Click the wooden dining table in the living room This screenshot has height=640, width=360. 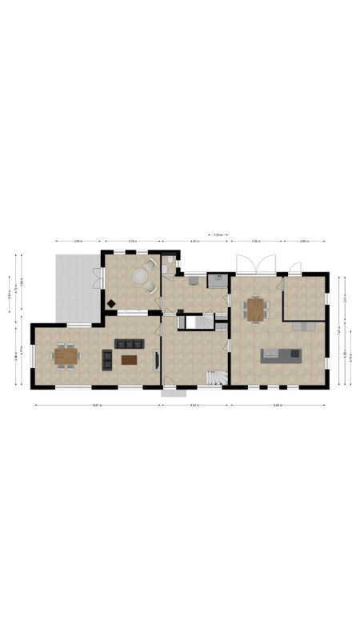pos(66,354)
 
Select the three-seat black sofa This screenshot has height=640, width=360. pos(129,344)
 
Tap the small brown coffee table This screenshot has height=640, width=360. pos(130,360)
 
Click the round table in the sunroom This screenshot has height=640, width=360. pos(140,274)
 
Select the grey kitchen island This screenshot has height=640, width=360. pos(280,354)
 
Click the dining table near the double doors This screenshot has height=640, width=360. pos(254,309)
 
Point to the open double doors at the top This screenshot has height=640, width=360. pos(255,264)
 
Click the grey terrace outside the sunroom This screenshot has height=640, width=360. pos(77,286)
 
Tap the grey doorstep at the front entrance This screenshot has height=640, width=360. pos(174,392)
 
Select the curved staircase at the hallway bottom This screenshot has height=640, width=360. pos(214,377)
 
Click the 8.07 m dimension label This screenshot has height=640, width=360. pos(96,406)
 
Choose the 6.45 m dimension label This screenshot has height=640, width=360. pos(278,406)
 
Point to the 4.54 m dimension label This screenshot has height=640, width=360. pos(194,406)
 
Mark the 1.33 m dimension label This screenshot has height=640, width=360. pos(218,235)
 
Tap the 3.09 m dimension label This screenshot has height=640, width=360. pos(78,241)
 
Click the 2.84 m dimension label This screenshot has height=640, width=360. pos(305,241)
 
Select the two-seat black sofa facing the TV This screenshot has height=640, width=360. pos(107,360)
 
